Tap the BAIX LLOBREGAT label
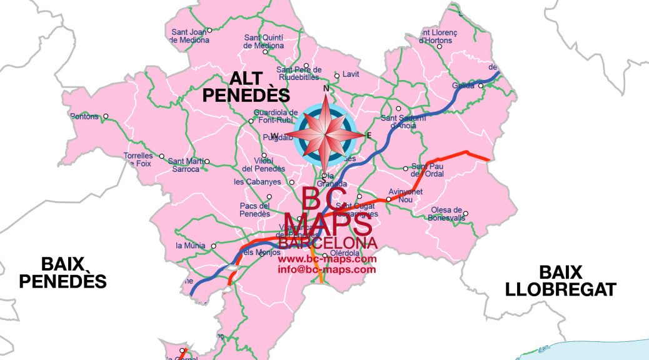(x=561, y=281)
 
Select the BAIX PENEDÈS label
(x=63, y=272)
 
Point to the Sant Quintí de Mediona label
(x=264, y=41)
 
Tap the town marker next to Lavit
(x=337, y=76)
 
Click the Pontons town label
(x=85, y=116)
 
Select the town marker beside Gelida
(x=481, y=86)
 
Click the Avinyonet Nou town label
(x=405, y=195)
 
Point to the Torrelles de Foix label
(x=138, y=159)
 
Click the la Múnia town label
(x=190, y=246)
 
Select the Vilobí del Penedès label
(x=263, y=165)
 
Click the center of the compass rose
(x=325, y=132)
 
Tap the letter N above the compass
(x=325, y=89)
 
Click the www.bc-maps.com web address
(x=327, y=259)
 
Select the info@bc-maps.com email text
(x=327, y=269)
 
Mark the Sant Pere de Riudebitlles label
(x=299, y=73)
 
